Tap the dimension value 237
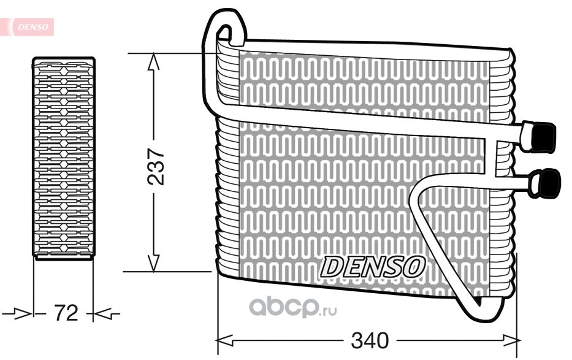click(156, 166)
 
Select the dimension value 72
click(66, 313)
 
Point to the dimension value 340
click(370, 340)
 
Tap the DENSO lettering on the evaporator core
click(373, 266)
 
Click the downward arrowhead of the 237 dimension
click(154, 263)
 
